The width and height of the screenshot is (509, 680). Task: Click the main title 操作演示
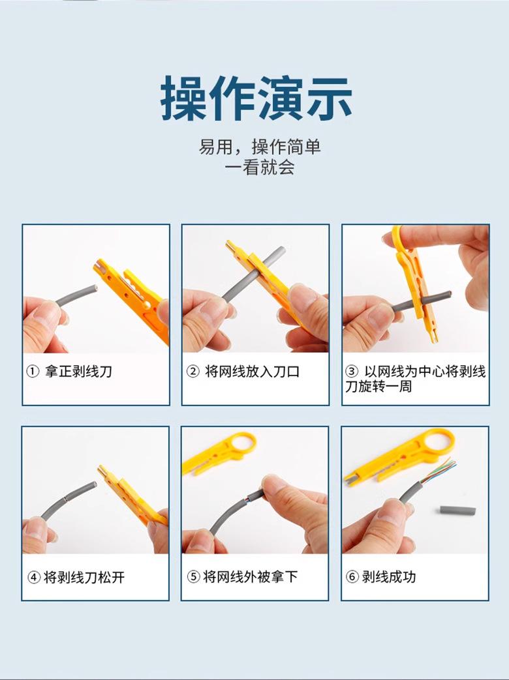point(256,98)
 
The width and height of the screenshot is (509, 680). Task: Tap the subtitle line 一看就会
point(259,168)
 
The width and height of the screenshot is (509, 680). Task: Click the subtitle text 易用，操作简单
point(260,146)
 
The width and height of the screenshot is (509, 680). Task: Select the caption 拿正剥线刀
point(78,372)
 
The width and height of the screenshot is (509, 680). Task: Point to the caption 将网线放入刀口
point(252,372)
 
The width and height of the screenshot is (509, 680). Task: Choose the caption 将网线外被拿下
point(250,577)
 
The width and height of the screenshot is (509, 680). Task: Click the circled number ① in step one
point(33,372)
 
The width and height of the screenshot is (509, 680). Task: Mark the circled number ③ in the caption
point(352,372)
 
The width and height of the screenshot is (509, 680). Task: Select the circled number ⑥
point(352,577)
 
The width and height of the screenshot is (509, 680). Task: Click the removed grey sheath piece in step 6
point(457,510)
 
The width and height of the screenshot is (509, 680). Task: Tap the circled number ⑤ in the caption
point(193,577)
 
